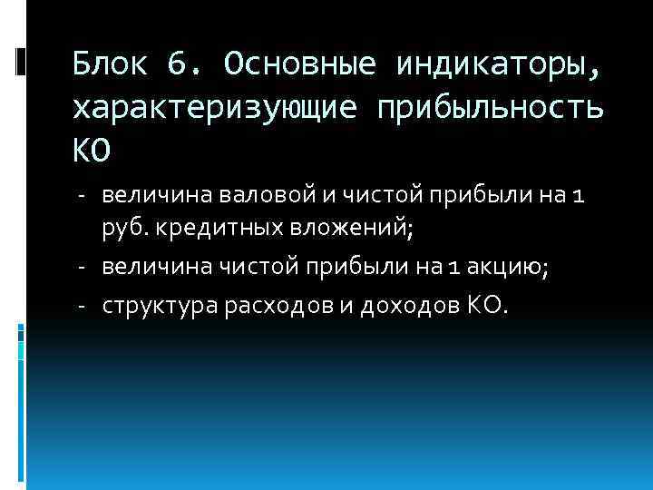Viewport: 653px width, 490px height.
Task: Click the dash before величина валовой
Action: pyautogui.click(x=81, y=194)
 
